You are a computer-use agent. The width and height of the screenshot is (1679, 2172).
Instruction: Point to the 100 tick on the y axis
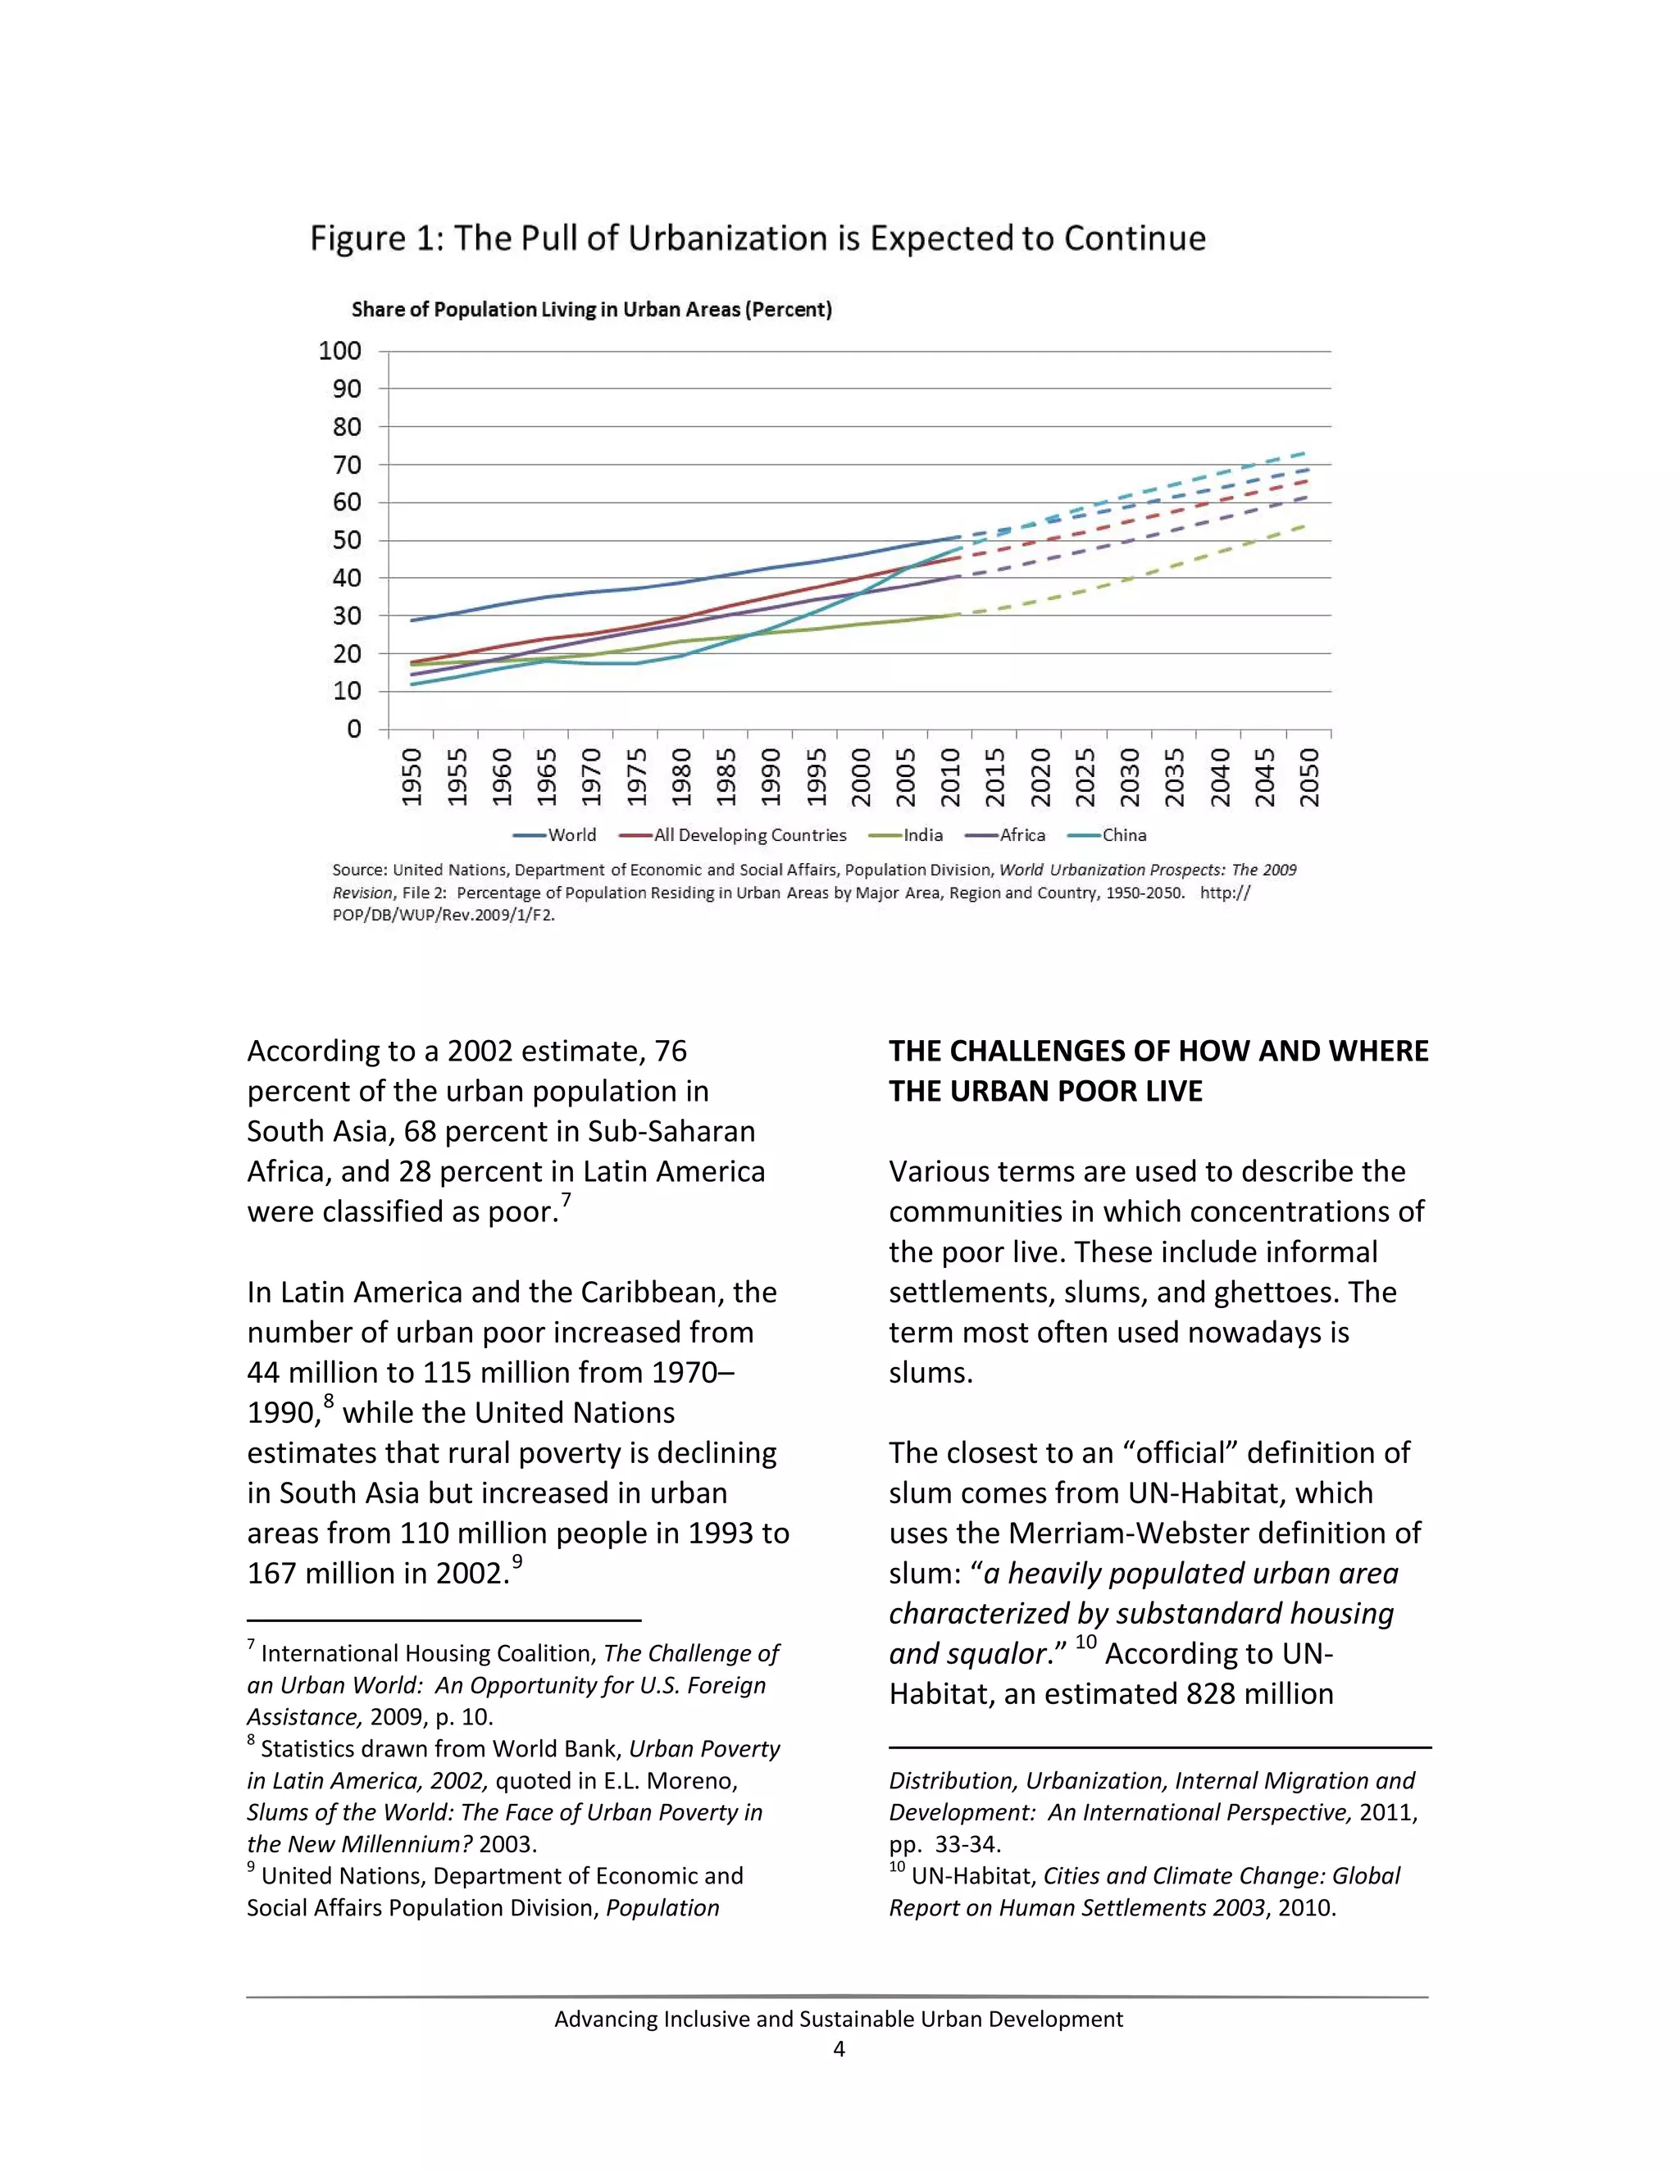pos(339,351)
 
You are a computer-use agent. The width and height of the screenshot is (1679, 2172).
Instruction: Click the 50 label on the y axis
pos(346,540)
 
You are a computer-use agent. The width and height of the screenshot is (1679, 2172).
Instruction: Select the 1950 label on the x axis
pos(412,777)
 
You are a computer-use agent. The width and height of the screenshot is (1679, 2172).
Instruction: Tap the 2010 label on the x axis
pos(950,777)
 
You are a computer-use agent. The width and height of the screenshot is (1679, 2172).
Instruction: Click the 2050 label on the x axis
pos(1309,777)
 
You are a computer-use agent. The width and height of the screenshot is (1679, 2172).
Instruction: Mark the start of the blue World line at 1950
pos(412,620)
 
